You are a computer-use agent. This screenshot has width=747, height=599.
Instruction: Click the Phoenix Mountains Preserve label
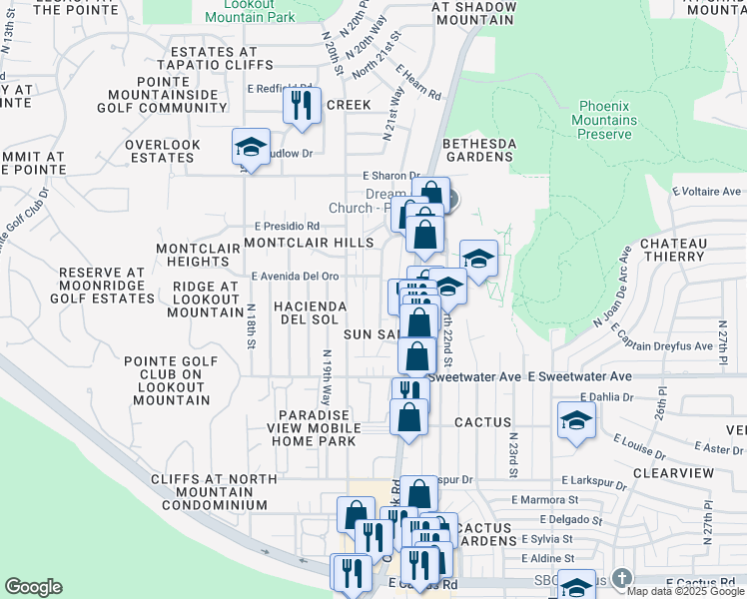619,119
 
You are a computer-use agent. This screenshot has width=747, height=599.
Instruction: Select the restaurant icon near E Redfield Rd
302,103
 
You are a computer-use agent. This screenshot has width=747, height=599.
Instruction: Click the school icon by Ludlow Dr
251,147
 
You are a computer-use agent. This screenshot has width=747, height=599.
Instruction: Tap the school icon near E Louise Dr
576,420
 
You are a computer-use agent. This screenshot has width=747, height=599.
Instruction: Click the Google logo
33,587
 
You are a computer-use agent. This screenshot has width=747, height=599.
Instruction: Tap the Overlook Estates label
163,151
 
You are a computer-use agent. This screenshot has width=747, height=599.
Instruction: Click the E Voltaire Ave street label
707,191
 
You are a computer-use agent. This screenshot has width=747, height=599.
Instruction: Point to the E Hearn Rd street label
418,83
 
